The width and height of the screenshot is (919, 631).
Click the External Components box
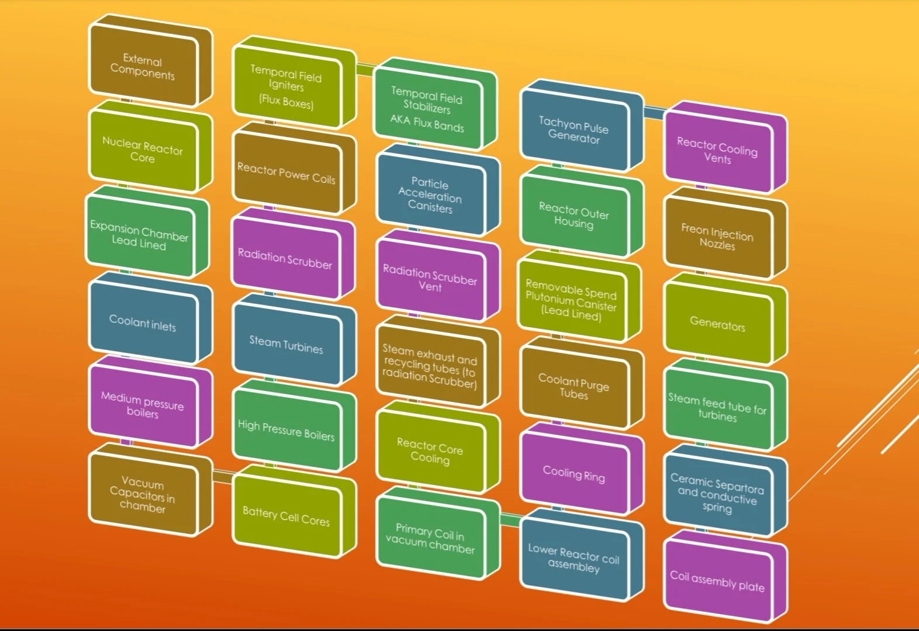coord(143,67)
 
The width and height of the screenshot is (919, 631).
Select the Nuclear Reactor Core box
coord(143,150)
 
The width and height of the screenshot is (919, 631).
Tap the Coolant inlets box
coord(143,323)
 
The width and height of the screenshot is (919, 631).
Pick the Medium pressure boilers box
coord(143,405)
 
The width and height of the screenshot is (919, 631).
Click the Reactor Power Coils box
coord(286,174)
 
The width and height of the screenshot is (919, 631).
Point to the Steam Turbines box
coord(286,345)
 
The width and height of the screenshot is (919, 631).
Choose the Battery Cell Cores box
coord(286,516)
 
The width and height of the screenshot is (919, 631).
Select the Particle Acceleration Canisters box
coord(430,195)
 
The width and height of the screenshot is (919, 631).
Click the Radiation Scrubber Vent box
coord(430,279)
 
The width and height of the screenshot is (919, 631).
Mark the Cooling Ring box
coord(574,473)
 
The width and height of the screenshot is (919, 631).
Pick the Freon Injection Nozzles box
coord(717,237)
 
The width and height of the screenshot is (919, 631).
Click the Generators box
coord(717,324)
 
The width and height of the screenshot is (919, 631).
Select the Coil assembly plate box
coord(717,581)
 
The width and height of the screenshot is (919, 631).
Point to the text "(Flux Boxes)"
coord(286,101)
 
